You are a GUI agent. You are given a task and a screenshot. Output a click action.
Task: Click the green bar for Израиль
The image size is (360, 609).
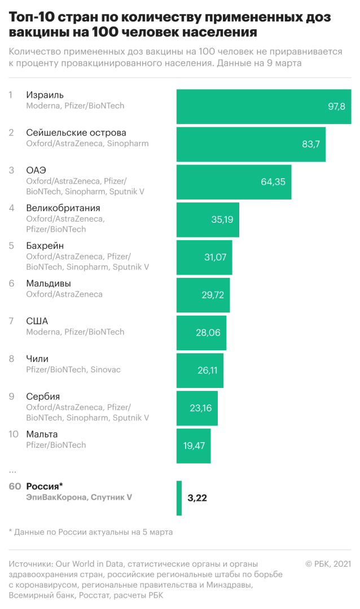[264, 107]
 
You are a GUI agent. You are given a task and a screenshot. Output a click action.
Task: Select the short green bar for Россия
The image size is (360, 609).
[179, 498]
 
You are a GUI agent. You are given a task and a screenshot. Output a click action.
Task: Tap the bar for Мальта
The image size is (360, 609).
[194, 445]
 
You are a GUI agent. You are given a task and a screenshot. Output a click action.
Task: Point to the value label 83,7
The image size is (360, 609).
[311, 144]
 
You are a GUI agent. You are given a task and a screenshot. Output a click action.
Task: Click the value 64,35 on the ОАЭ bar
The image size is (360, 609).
[273, 182]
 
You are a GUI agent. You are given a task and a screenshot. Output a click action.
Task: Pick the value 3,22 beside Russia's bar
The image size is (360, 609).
[197, 498]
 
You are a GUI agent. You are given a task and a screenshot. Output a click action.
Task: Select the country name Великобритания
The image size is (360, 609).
[63, 208]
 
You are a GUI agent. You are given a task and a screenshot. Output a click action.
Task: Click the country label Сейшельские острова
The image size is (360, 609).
[76, 133]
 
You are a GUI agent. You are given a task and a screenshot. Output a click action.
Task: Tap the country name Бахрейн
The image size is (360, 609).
[45, 246]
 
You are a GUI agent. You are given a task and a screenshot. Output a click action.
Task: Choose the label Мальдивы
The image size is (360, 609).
[49, 284]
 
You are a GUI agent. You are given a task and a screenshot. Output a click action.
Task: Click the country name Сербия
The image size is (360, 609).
[43, 396]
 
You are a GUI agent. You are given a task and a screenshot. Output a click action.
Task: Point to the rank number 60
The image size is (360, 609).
[15, 486]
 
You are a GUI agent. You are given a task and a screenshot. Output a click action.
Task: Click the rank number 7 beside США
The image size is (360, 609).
[11, 321]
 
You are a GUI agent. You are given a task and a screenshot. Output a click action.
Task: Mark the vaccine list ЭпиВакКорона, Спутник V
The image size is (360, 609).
[79, 497]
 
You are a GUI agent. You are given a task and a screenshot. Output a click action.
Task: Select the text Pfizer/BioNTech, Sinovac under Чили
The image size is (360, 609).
[73, 369]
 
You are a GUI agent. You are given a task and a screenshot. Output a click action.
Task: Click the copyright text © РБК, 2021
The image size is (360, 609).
[328, 563]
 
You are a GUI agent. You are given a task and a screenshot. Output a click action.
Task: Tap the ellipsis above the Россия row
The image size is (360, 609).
[12, 470]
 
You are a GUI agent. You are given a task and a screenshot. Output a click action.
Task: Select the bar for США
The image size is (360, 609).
[201, 333]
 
